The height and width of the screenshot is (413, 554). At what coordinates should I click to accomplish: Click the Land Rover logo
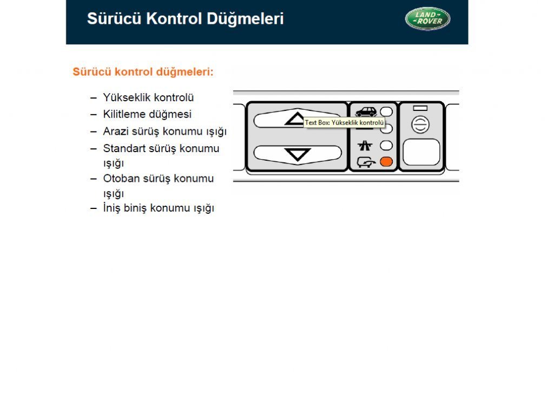427,18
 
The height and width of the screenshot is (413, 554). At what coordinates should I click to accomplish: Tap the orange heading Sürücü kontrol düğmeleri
143,72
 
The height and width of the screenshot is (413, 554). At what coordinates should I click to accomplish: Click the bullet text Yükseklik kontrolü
148,98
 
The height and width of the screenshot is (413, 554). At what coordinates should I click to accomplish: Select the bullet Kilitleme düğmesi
147,115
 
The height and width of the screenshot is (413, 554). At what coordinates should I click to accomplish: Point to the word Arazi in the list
115,132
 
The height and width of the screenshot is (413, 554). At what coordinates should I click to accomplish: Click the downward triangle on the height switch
297,155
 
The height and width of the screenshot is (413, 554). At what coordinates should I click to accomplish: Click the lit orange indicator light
386,161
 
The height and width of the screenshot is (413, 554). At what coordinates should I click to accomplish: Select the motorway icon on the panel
365,146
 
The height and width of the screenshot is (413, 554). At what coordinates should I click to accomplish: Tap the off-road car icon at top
366,112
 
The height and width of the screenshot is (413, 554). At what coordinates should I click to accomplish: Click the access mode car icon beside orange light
366,161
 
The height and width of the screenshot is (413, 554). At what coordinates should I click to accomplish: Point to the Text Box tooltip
344,123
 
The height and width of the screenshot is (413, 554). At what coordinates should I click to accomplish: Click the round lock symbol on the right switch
420,125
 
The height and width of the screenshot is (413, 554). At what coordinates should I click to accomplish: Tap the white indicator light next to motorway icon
386,145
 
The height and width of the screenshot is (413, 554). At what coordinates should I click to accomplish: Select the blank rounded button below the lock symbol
421,152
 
